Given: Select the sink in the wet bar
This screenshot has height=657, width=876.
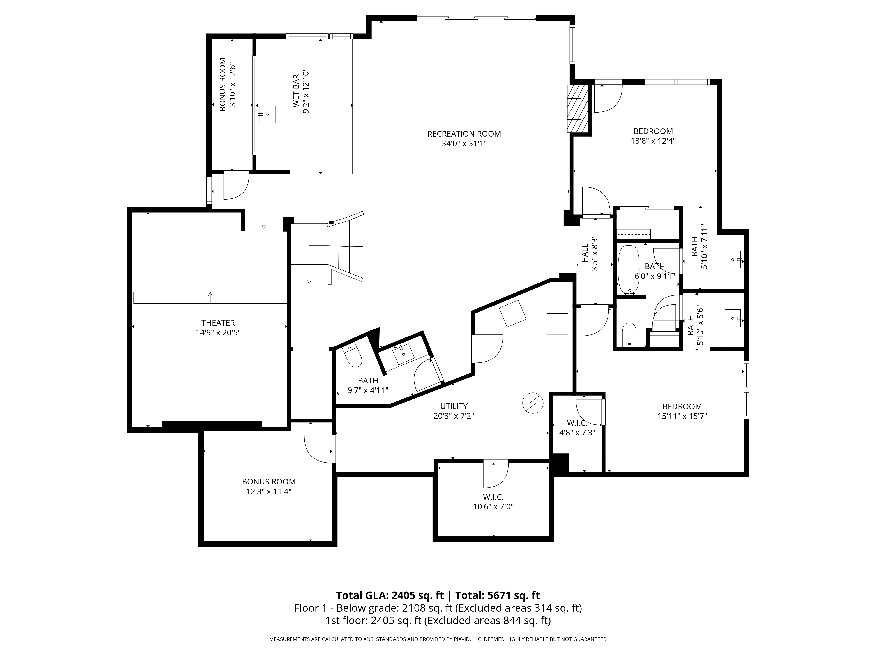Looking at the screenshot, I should [x=267, y=115].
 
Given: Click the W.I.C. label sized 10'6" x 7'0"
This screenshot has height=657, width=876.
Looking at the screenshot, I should [x=493, y=497].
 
